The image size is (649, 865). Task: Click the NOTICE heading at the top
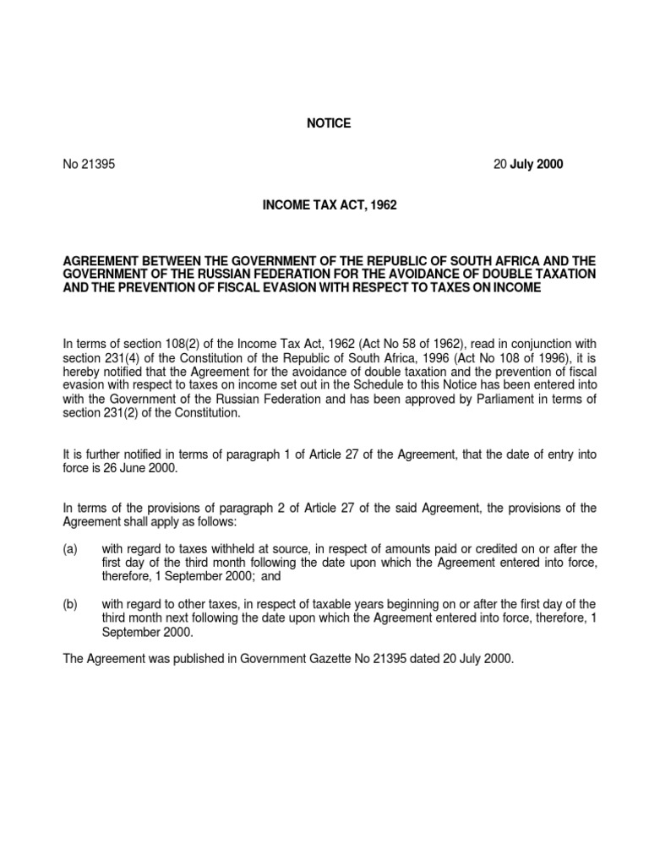click(x=328, y=123)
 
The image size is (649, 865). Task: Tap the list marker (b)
click(x=70, y=604)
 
